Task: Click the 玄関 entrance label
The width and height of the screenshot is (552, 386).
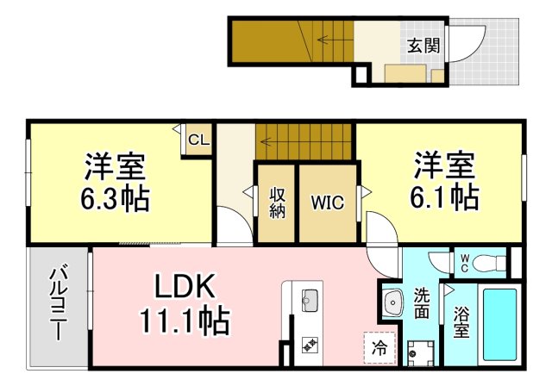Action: pos(423,46)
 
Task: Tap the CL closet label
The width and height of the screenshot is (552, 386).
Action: pos(199,140)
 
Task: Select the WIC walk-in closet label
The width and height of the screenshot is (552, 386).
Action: pos(328,202)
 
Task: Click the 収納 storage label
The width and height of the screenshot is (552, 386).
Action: pos(278,203)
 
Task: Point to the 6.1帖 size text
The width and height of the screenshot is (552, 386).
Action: pos(444,197)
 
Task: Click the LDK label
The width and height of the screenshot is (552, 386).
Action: pos(185,286)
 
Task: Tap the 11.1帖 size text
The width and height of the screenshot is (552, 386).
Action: pos(185,321)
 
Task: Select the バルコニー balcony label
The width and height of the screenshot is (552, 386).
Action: pos(58,304)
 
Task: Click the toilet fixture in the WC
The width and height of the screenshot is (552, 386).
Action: pos(489,263)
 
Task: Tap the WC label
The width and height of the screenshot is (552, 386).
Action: pos(464,264)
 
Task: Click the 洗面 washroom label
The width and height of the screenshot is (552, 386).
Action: pos(422,303)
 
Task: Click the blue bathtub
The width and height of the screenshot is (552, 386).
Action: pos(500,325)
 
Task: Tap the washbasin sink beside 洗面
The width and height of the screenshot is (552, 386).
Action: pos(393,303)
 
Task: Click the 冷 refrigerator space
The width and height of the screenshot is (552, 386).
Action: pos(379,348)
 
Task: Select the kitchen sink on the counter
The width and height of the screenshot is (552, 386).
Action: pos(310,300)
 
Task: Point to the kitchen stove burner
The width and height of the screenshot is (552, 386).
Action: pos(310,346)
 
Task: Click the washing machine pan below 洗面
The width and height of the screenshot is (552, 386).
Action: pos(420,353)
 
